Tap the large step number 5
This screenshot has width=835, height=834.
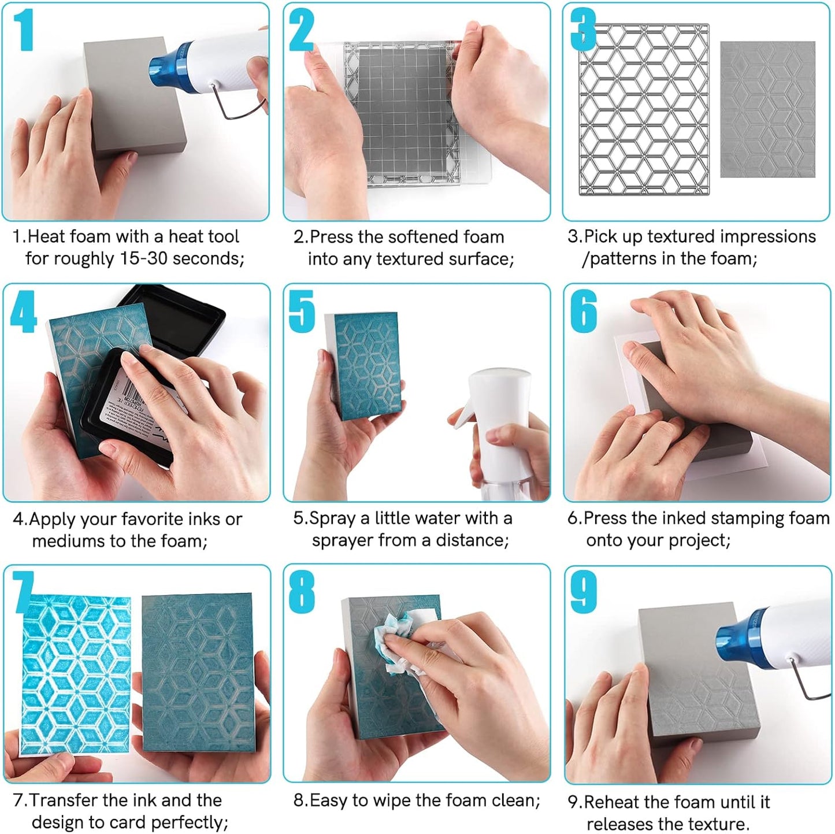[302, 312]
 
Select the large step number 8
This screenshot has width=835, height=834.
[302, 592]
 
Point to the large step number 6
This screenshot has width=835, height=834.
[583, 312]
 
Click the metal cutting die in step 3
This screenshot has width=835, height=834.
[644, 110]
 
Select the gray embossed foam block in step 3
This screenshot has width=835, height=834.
[767, 110]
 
